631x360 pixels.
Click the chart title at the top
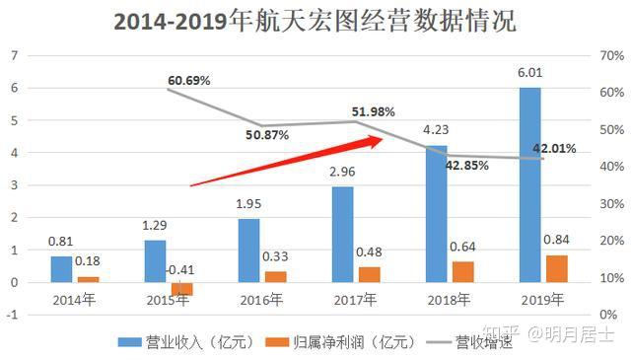[315, 21]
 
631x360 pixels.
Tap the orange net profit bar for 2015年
[181, 289]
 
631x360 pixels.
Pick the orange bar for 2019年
[556, 268]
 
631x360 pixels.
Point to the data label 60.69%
[189, 80]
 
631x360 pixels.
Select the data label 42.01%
[554, 148]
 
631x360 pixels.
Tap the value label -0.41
[179, 269]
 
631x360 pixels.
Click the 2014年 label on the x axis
[75, 299]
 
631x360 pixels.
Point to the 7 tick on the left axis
[15, 55]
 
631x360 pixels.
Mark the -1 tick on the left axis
[13, 315]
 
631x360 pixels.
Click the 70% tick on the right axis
[612, 55]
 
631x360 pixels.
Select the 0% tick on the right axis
[609, 315]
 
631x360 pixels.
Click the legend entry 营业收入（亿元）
[186, 342]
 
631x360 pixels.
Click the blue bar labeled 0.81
[62, 269]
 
